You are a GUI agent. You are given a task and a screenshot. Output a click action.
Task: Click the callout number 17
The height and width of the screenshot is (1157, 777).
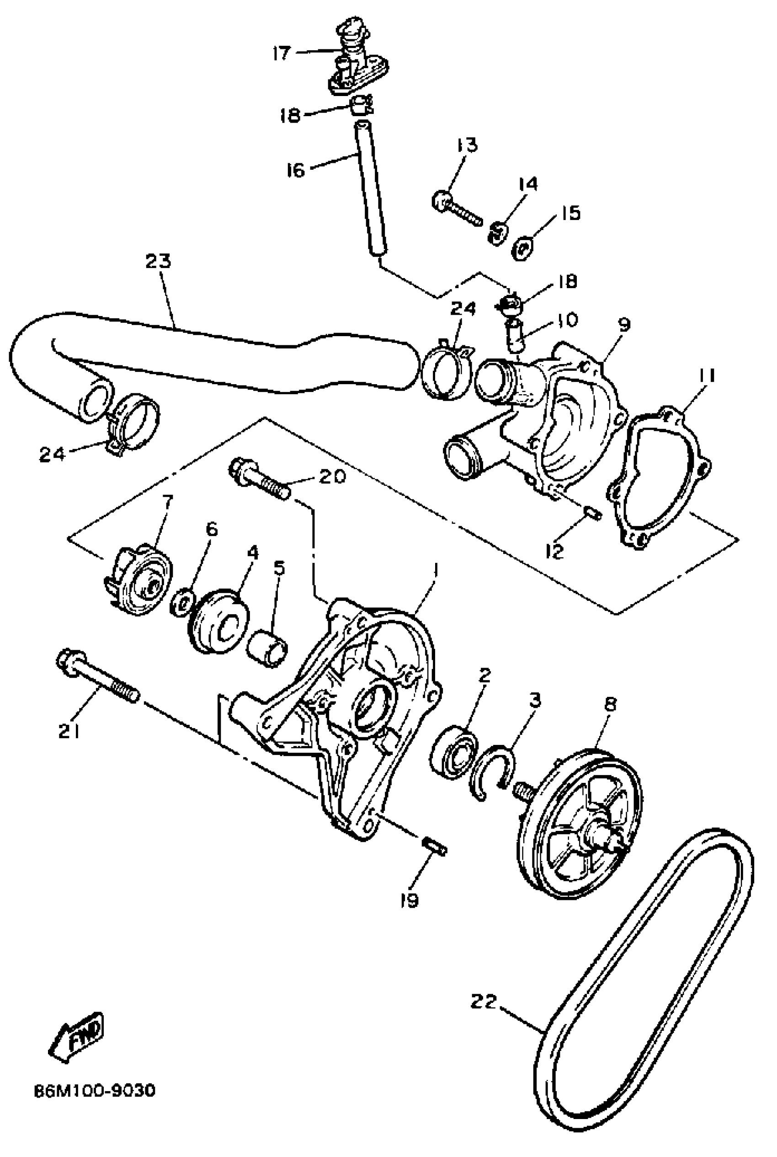[x=281, y=53]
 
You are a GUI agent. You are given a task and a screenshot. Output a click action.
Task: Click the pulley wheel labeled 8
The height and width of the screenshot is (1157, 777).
[x=580, y=825]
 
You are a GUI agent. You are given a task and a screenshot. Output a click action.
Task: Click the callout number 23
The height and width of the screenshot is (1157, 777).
[x=158, y=261]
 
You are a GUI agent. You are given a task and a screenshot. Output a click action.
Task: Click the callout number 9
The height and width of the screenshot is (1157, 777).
[x=623, y=325]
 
